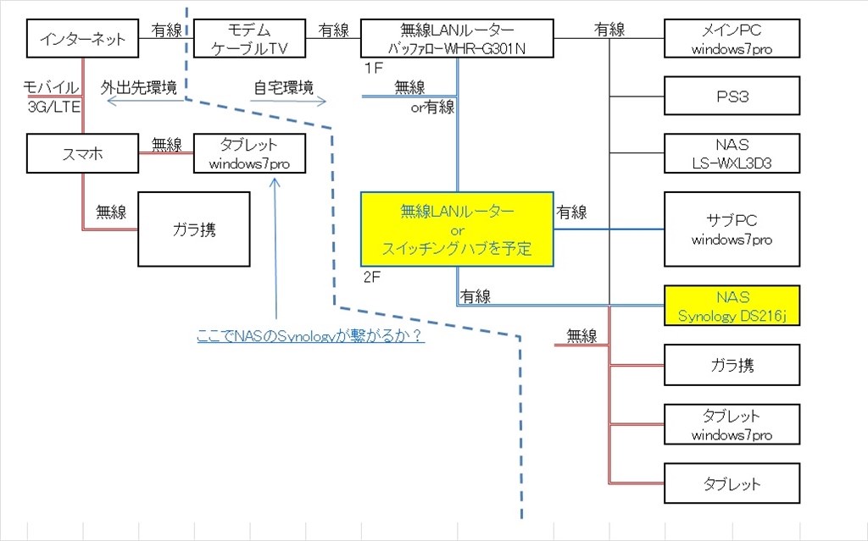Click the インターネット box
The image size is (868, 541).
click(x=81, y=39)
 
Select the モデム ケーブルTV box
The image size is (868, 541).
click(x=248, y=39)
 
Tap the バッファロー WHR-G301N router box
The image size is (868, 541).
click(x=457, y=39)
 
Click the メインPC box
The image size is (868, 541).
click(x=732, y=39)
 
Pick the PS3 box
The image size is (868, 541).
click(x=732, y=96)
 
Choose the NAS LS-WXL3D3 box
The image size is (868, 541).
click(x=732, y=152)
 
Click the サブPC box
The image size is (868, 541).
click(x=732, y=229)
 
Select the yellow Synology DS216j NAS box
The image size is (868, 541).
click(x=732, y=306)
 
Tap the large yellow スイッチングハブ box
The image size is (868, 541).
click(x=457, y=229)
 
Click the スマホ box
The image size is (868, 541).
click(x=81, y=154)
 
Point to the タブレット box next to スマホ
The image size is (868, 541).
click(x=248, y=154)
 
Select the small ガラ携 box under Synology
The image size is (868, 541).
click(x=732, y=366)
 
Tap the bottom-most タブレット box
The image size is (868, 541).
click(x=732, y=484)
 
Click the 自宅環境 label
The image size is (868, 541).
click(x=283, y=88)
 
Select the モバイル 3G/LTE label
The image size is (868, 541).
click(x=52, y=97)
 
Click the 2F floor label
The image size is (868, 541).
click(x=371, y=276)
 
